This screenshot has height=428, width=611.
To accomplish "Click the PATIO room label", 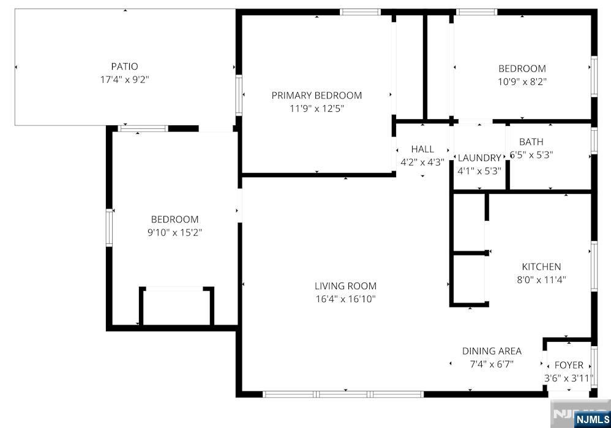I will point(124,66).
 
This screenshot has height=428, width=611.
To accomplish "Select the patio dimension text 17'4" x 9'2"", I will point(124,79).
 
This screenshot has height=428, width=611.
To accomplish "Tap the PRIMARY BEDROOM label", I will point(317,95).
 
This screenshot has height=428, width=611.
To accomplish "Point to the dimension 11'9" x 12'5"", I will point(317,109).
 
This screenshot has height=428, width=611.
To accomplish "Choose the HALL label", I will point(422,149).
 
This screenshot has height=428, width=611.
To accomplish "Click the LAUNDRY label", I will point(479,158).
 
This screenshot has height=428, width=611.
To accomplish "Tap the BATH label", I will point(531,142).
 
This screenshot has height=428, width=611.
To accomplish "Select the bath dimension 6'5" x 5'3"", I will point(531,155).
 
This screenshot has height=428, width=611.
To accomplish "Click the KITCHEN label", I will point(541,267).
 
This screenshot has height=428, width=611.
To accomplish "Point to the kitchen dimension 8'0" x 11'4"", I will point(541,280).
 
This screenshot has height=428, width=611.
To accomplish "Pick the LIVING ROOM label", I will point(345,286).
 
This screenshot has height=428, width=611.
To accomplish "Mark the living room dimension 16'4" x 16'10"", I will point(345,299).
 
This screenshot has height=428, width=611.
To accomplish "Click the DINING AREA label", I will point(492,351).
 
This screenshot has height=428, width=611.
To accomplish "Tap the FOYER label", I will point(569,365).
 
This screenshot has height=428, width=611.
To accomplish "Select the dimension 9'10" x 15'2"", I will point(174,232).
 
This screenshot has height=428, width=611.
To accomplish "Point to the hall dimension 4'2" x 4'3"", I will point(422,163).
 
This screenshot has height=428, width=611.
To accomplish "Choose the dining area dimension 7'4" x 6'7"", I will point(492,364).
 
